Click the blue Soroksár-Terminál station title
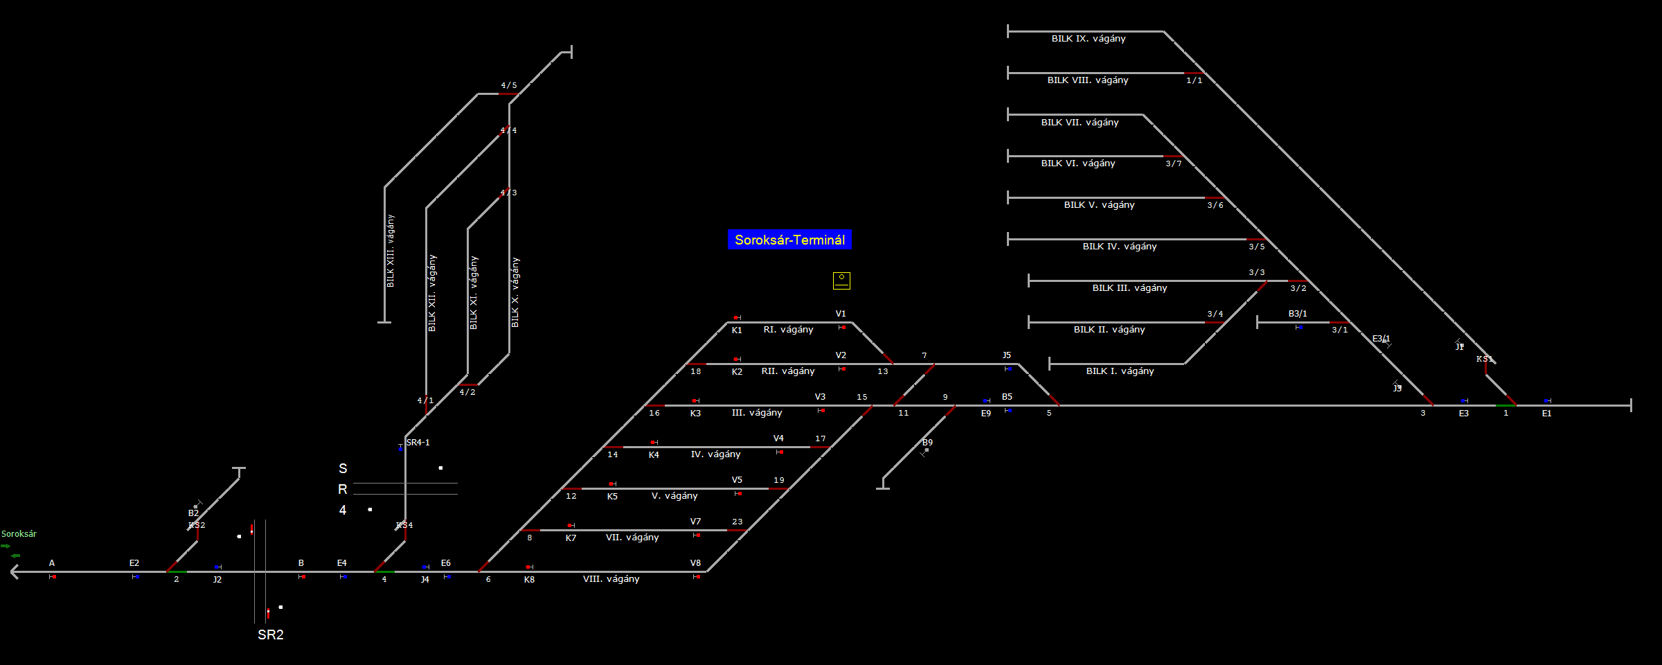789,240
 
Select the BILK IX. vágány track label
1088,39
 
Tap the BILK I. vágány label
1120,371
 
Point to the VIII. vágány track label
611,579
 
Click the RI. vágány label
788,330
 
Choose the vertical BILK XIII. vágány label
391,251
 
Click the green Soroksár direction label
19,534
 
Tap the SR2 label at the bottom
271,635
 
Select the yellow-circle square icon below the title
841,281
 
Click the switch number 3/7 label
1174,164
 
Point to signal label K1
737,330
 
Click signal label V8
695,563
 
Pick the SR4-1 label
418,443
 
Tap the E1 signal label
1546,414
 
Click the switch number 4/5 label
509,86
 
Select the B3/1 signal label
1298,314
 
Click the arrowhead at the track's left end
15,571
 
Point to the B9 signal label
927,443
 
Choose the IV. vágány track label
715,454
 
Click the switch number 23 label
738,522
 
